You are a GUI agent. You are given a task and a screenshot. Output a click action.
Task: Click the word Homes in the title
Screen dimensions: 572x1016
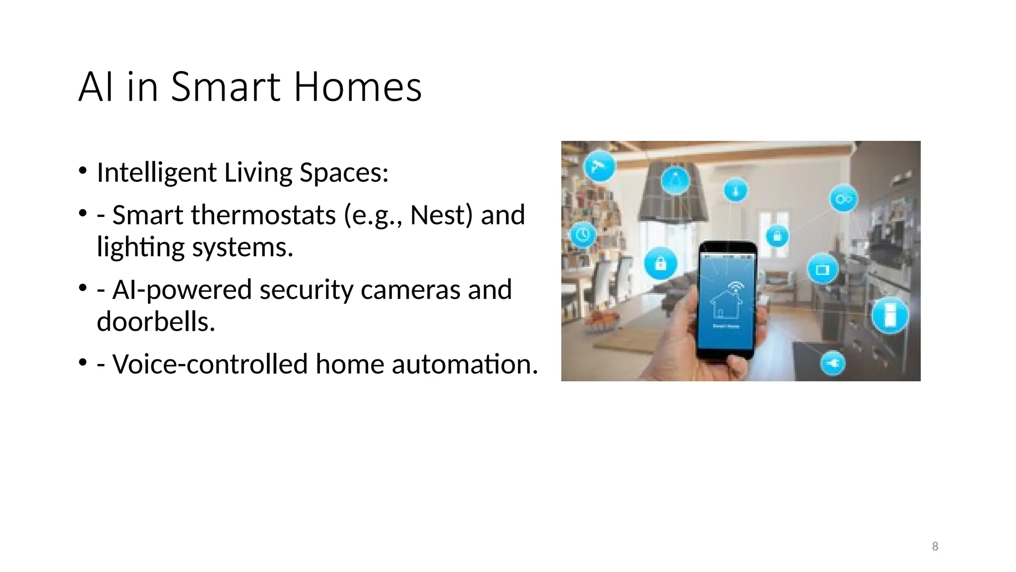pos(357,87)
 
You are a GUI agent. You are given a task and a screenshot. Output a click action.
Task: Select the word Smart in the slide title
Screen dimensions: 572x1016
pos(226,87)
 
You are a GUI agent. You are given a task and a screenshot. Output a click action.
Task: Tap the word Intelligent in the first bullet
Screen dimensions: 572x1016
pos(157,173)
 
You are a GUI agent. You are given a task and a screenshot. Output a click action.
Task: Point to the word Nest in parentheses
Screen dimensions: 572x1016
pos(441,215)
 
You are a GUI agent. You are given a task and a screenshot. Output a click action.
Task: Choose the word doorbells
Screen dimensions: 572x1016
pos(156,322)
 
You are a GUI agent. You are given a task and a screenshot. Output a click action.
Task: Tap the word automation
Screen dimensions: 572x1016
pos(465,364)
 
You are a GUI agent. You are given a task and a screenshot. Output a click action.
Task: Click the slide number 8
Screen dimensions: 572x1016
pos(935,547)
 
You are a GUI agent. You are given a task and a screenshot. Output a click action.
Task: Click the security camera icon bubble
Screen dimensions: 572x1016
pos(600,166)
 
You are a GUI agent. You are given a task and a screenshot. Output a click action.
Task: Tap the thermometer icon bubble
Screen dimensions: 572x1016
pos(735,190)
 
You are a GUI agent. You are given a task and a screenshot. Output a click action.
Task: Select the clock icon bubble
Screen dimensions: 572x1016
pos(583,234)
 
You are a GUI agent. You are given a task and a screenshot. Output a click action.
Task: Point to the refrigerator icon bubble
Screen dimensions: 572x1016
pos(890,315)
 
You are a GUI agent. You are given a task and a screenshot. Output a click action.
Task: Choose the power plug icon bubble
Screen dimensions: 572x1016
pos(832,363)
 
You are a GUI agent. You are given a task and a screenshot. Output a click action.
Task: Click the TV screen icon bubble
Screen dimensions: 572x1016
pos(823,270)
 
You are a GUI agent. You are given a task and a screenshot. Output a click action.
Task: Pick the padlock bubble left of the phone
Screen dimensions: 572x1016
pos(660,264)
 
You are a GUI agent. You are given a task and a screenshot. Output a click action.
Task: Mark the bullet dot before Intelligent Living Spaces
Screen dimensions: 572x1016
pos(82,171)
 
